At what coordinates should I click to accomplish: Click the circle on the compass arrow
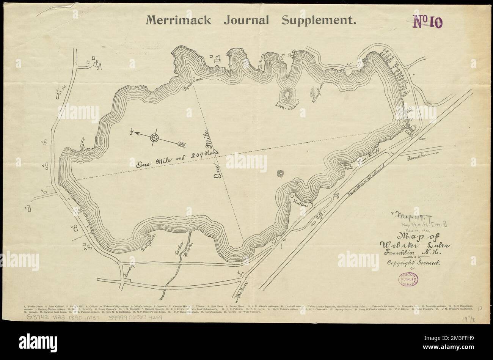[154, 138]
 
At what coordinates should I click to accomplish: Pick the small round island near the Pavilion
[281, 174]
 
